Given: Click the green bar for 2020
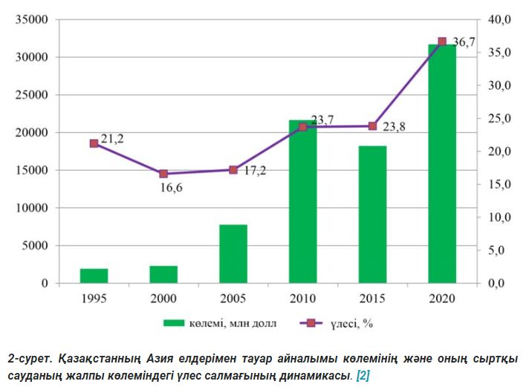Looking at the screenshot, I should click(442, 163).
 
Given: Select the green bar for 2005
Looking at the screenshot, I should click(233, 253).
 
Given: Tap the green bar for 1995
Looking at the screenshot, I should click(94, 276).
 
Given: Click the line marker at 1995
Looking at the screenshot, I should click(94, 143).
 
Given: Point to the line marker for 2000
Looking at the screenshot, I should click(163, 174).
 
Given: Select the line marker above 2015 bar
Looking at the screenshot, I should click(372, 126).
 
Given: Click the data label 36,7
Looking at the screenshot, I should click(464, 42).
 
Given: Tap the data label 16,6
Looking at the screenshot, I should click(171, 189).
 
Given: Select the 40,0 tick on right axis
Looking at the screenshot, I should click(499, 19).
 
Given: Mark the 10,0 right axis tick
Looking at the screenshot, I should click(499, 217).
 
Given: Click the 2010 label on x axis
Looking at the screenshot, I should click(302, 298).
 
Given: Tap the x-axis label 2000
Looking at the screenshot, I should click(163, 298).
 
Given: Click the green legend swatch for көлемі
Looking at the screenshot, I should click(173, 322).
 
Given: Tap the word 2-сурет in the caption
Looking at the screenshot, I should click(29, 357).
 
